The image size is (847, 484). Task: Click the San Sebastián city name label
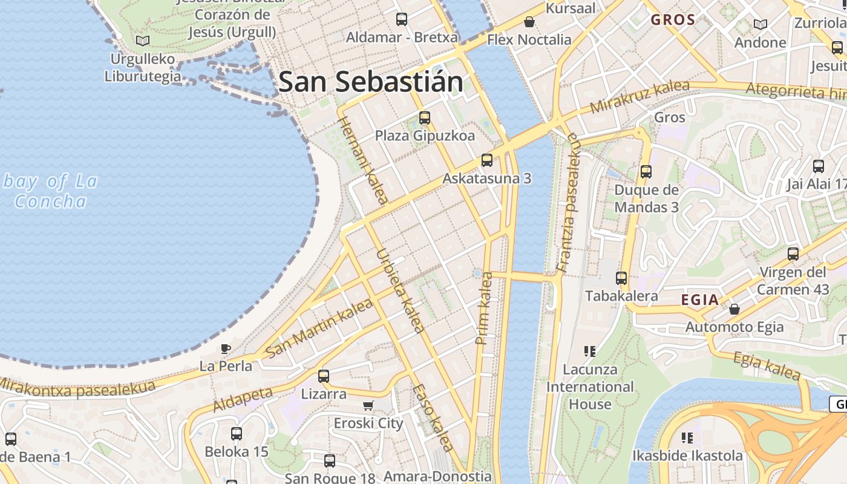point(370,82)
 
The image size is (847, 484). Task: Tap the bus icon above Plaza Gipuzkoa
point(425,117)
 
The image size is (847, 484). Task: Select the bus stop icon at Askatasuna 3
point(486,160)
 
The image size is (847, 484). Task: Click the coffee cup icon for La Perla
point(226,348)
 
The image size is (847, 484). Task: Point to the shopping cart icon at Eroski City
point(368,405)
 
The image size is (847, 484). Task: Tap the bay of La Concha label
point(51,191)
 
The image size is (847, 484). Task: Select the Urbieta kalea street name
point(399,290)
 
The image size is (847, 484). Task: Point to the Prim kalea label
point(485,309)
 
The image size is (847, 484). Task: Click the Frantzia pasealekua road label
point(567,203)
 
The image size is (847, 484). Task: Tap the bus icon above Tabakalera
point(621,278)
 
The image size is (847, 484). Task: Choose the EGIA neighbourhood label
point(700,299)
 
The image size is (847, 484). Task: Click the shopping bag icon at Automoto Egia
point(734,309)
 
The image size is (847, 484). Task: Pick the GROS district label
point(673,19)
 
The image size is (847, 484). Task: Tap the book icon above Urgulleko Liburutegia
point(143,41)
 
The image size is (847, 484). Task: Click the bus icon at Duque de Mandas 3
point(646,172)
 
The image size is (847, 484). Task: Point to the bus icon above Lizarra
point(324,376)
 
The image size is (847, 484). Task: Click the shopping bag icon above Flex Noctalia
point(529,22)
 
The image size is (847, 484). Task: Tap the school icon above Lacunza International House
point(590,351)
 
